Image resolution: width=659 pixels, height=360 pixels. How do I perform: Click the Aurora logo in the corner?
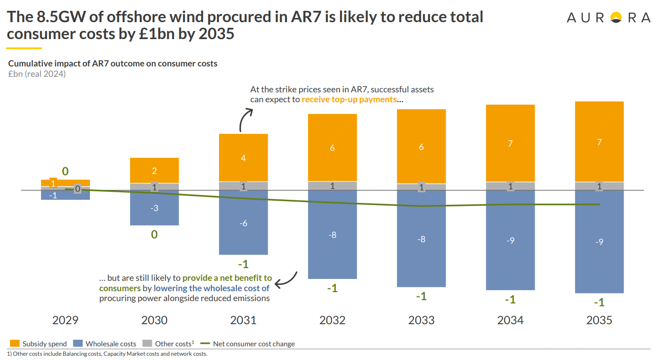click(608, 18)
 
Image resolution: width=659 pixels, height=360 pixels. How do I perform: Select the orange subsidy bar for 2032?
click(332, 147)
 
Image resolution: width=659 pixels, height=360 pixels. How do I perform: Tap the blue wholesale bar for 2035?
click(599, 242)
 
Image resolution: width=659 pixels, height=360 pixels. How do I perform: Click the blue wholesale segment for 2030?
click(154, 208)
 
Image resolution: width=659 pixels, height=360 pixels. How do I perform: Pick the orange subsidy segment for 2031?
click(243, 157)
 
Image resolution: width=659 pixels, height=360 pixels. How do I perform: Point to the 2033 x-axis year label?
click(421, 320)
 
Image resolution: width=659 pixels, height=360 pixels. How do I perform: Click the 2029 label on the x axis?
click(65, 320)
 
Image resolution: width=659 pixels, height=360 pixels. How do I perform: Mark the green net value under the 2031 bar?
click(244, 264)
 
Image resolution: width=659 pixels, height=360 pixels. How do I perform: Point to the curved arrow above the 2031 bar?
click(245, 120)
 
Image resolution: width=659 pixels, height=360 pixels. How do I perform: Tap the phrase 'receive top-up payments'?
click(349, 99)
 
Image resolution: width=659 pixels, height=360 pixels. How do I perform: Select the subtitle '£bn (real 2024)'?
click(37, 74)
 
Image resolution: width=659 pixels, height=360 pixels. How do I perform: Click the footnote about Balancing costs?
click(107, 354)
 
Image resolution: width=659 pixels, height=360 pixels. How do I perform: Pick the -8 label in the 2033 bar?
click(421, 239)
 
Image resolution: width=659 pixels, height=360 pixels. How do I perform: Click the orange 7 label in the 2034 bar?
click(510, 143)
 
